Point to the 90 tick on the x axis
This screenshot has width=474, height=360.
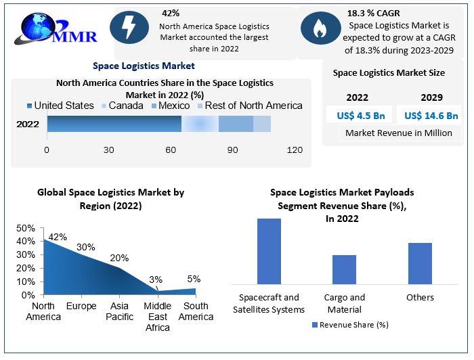pos(232,150)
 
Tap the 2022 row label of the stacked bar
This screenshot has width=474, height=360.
pos(28,125)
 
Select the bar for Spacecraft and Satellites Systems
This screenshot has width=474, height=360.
pos(269,251)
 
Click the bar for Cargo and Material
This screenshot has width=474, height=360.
pos(344,269)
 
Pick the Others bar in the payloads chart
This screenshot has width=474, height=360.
pos(420,263)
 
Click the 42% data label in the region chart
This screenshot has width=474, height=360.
pos(58,237)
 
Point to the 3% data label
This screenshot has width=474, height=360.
pos(156,279)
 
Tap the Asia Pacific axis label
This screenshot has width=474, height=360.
pos(120,311)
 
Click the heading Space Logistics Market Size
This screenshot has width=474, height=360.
pos(389,72)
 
